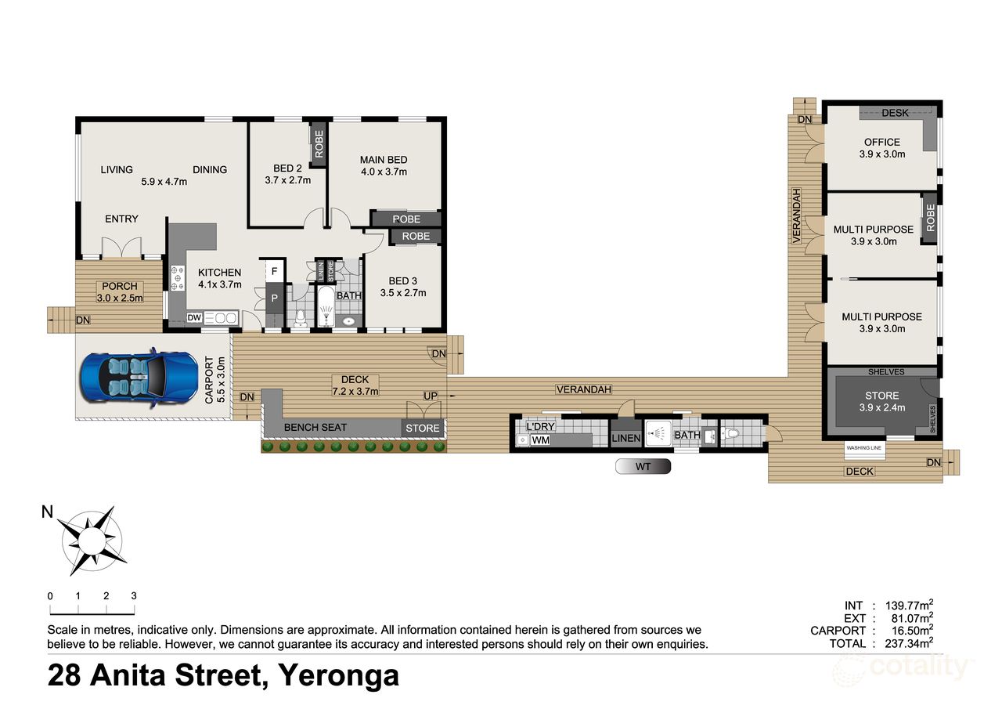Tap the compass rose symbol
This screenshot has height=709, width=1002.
[92, 539]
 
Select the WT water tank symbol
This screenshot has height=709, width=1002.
[643, 466]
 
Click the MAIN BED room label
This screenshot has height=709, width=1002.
[384, 160]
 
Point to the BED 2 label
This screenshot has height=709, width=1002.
[287, 168]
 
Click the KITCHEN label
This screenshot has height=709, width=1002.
[219, 273]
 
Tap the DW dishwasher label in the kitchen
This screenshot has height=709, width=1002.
[195, 318]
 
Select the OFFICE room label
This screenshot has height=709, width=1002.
[882, 143]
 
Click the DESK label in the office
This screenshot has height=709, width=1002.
[895, 113]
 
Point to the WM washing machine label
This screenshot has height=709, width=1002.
[540, 441]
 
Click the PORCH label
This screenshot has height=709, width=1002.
[119, 287]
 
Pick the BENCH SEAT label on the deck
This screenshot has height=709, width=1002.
[315, 428]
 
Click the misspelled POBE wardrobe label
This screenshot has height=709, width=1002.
[405, 219]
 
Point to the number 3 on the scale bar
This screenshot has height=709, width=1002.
[134, 595]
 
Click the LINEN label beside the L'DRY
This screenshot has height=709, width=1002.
[626, 439]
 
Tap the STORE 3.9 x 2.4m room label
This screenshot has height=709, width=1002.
[882, 396]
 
